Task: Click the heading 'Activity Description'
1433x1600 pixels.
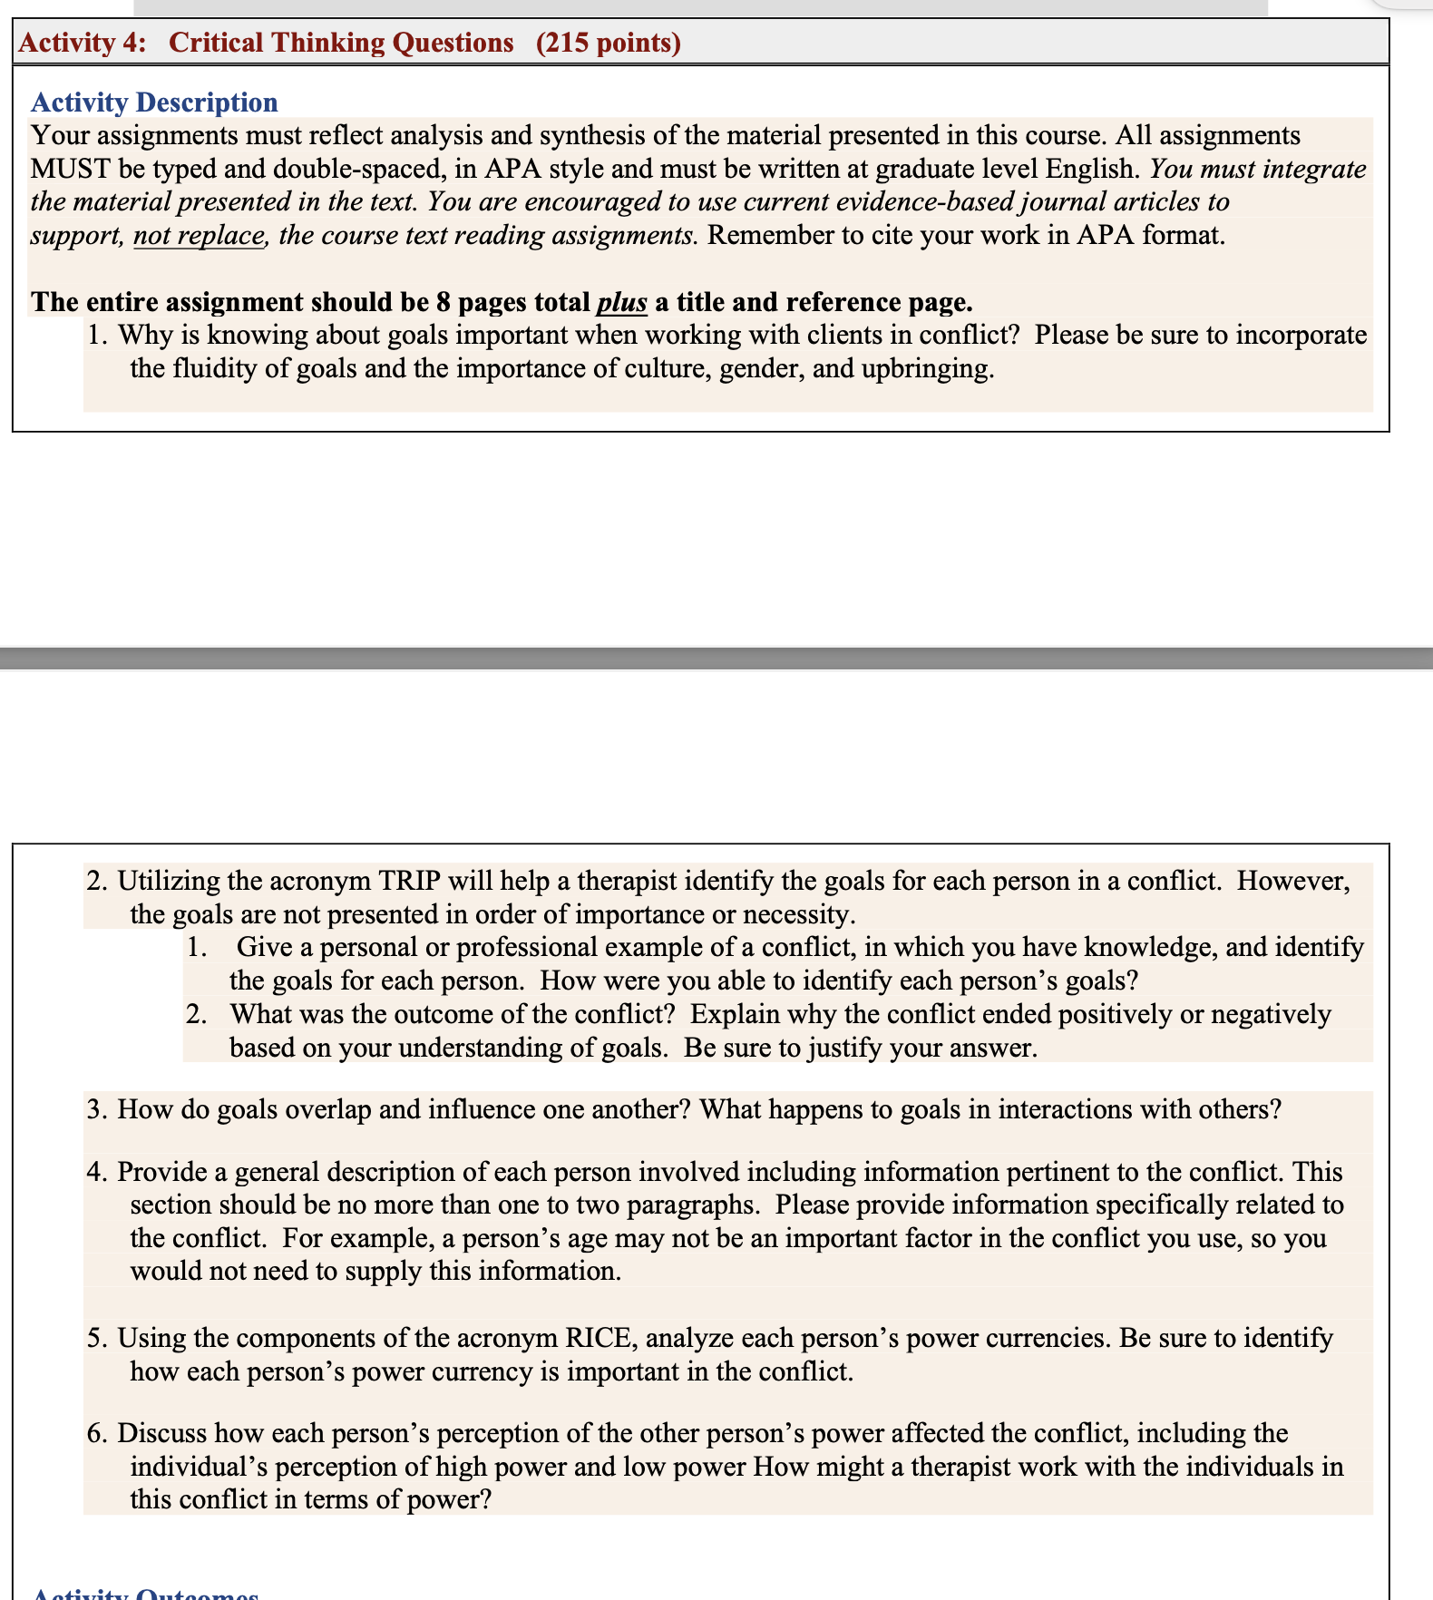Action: pyautogui.click(x=154, y=102)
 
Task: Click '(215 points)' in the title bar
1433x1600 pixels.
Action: pyautogui.click(x=608, y=43)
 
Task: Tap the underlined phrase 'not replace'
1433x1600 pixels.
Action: pyautogui.click(x=199, y=236)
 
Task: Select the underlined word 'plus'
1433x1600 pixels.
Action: pyautogui.click(x=621, y=302)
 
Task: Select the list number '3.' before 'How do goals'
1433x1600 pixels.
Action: pyautogui.click(x=97, y=1110)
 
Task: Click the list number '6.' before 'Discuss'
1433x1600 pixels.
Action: pyautogui.click(x=97, y=1434)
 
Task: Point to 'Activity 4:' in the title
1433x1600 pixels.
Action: pyautogui.click(x=83, y=43)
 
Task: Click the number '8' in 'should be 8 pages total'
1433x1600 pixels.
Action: pyautogui.click(x=443, y=302)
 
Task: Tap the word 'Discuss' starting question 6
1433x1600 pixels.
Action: pyautogui.click(x=162, y=1434)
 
